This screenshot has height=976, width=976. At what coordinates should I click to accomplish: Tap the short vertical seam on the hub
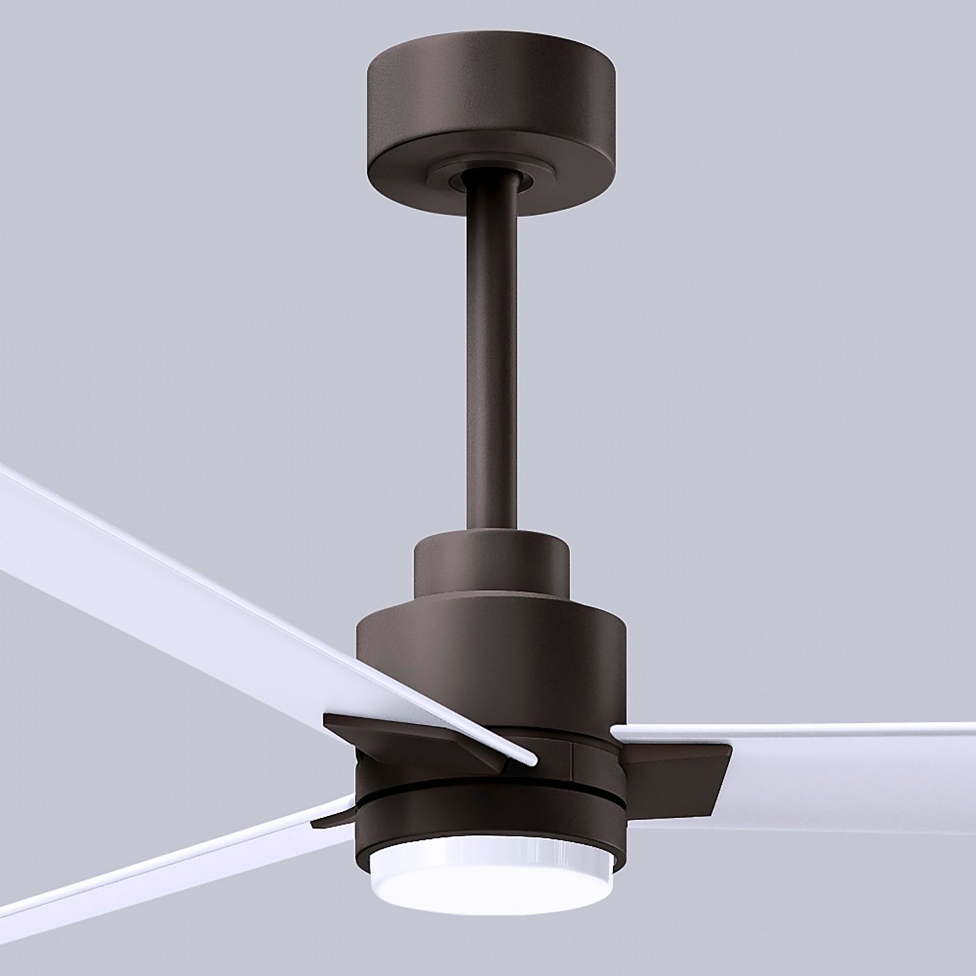click(571, 758)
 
